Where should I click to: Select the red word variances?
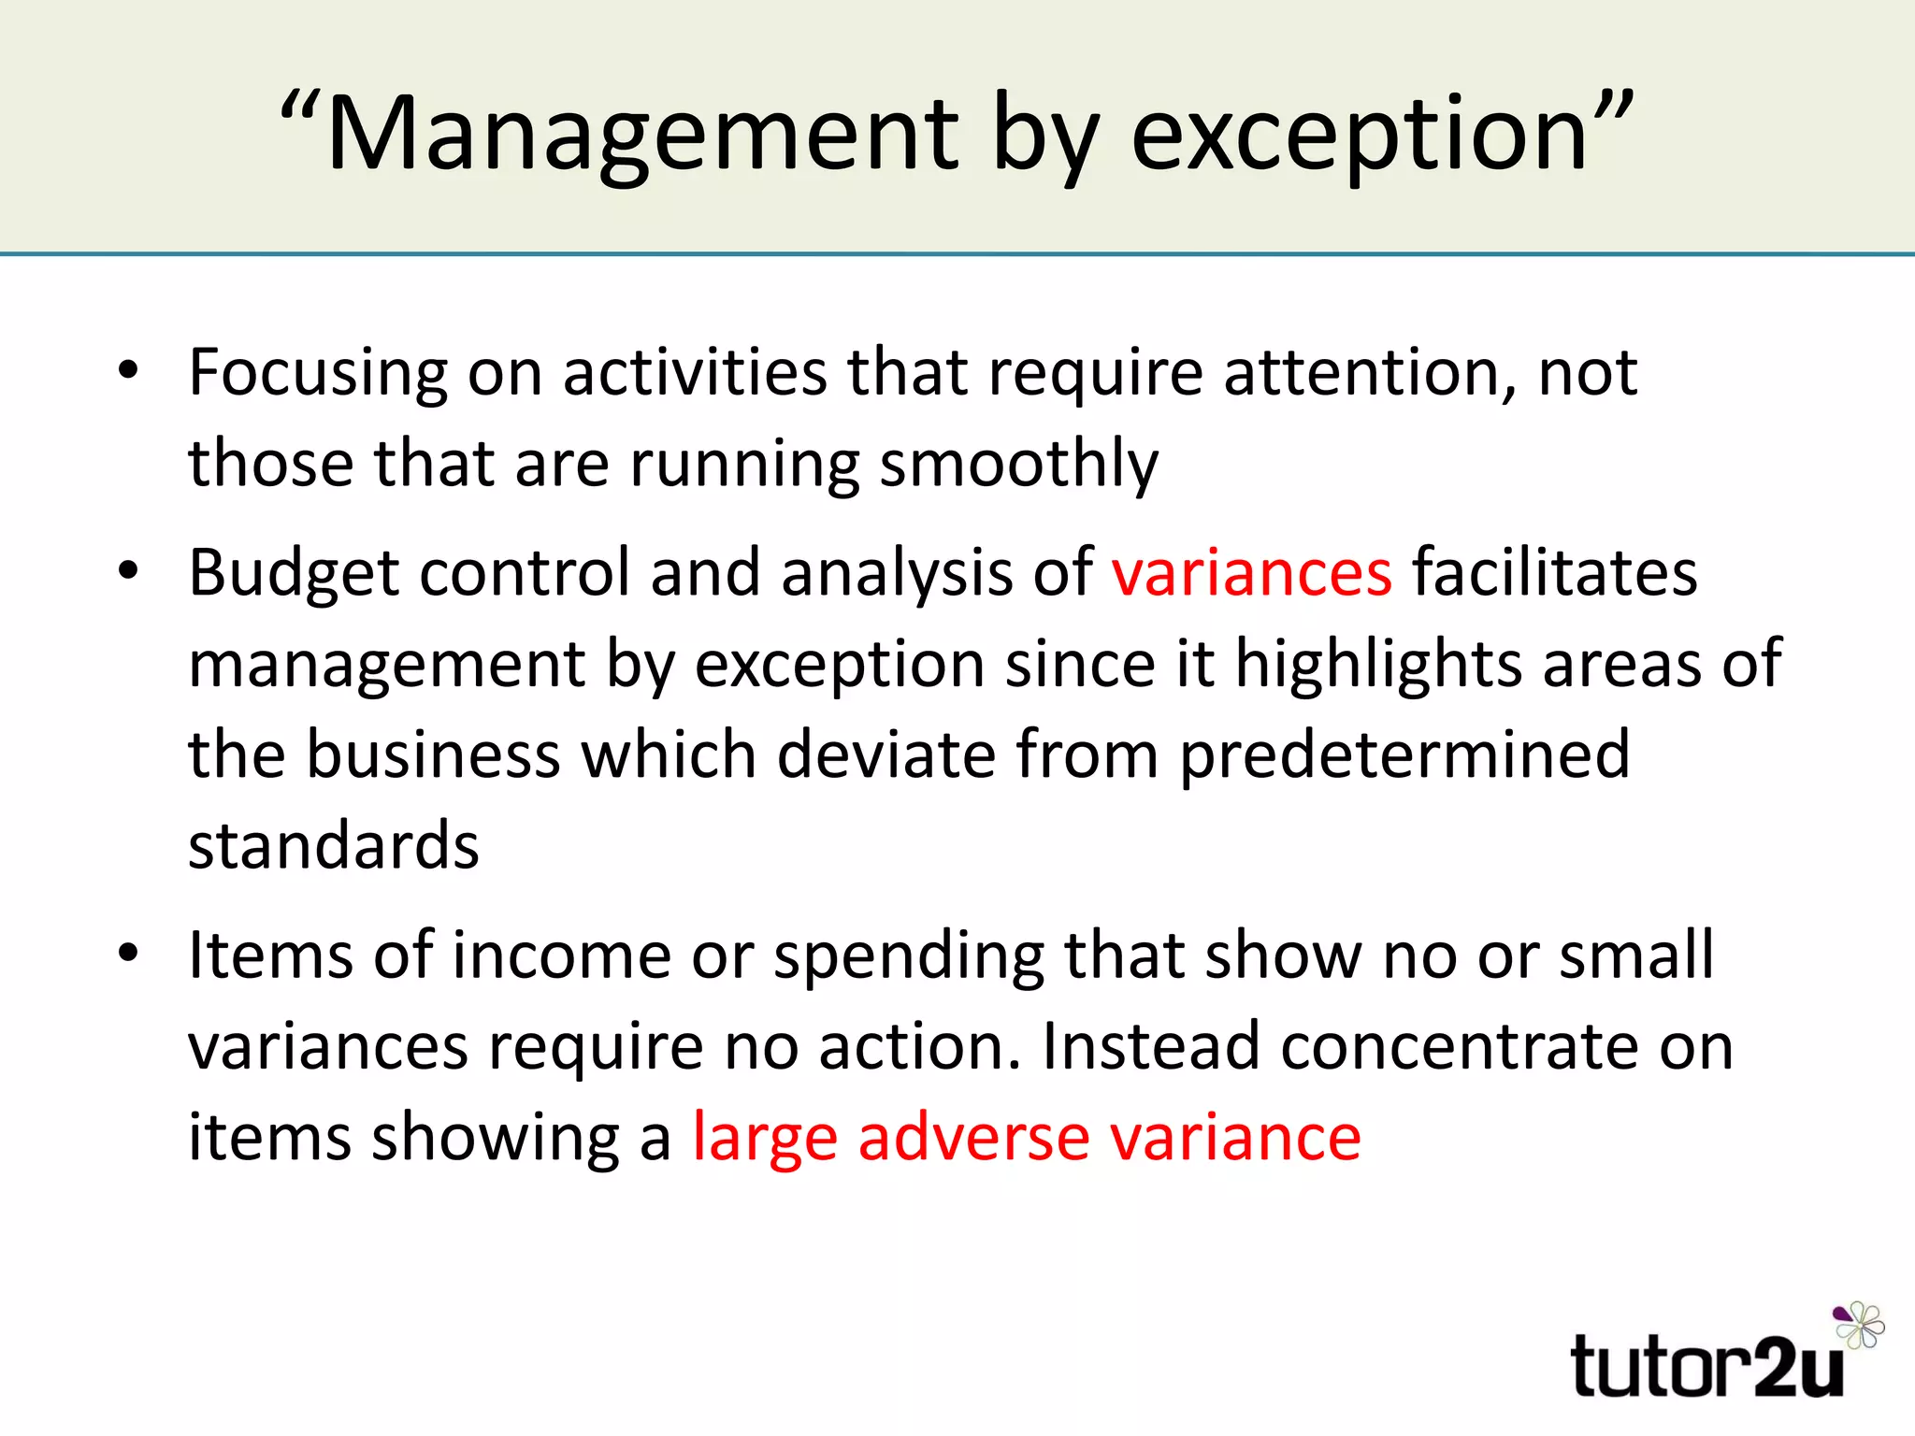[1251, 572]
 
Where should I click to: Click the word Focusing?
[318, 372]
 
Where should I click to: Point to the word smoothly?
[1018, 464]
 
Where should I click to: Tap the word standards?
[334, 845]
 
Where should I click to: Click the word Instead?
[1149, 1046]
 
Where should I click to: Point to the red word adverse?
[973, 1138]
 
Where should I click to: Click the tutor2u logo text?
[1706, 1367]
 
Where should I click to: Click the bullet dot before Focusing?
[128, 370]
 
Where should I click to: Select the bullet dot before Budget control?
[128, 570]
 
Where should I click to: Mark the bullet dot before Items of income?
[128, 954]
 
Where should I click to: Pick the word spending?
[908, 955]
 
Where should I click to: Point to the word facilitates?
[1554, 572]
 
